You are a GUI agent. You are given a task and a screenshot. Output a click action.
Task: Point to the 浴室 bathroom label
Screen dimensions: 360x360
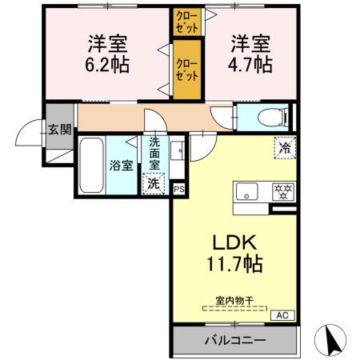click(x=121, y=167)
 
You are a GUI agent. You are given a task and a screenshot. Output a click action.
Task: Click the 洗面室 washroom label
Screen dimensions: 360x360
click(x=154, y=154)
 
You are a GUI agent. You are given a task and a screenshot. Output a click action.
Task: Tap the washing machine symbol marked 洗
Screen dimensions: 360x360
click(x=153, y=183)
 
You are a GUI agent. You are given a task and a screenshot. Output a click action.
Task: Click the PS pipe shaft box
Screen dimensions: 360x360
click(x=178, y=189)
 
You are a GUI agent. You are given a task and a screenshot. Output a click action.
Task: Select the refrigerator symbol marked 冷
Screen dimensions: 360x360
click(x=284, y=146)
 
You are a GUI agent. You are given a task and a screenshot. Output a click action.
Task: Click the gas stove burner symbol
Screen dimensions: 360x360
click(x=282, y=192)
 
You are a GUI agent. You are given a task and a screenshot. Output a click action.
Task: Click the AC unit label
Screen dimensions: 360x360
click(x=282, y=315)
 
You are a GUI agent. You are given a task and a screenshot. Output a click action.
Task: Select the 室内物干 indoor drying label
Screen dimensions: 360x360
click(x=234, y=301)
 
